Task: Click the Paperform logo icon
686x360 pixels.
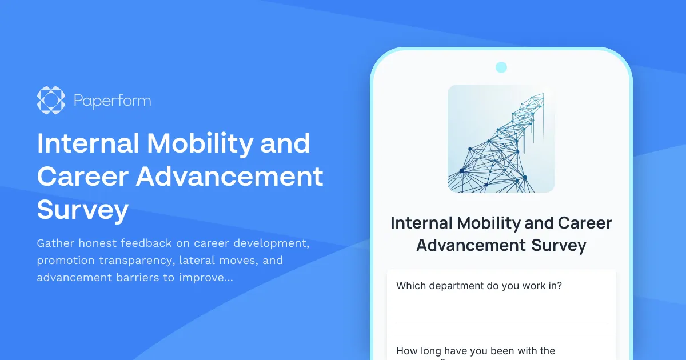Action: (51, 101)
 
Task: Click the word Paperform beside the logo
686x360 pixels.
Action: (113, 101)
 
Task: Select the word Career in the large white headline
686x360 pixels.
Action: (81, 177)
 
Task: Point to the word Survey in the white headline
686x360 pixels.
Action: (83, 210)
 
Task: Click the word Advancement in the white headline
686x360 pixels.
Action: (229, 177)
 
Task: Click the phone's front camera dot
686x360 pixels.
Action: (501, 67)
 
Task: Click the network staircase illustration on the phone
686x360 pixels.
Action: (501, 138)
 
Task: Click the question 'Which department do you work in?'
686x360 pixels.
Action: (479, 286)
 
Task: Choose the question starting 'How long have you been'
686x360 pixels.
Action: (476, 351)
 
